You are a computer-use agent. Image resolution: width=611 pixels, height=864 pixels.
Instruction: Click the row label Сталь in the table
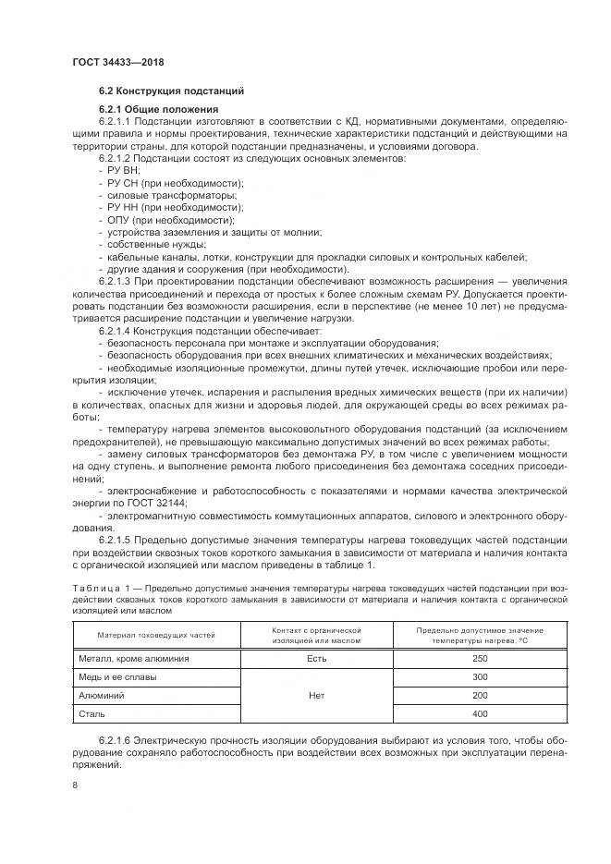(x=92, y=713)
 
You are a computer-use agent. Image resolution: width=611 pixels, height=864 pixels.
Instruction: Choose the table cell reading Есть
(x=316, y=658)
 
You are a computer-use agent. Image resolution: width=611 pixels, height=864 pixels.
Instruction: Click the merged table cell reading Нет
(x=316, y=695)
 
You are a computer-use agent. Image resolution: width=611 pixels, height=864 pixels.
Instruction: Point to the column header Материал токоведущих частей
(x=155, y=635)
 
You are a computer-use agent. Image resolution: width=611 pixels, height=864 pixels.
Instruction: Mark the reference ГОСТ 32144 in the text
(x=156, y=502)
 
